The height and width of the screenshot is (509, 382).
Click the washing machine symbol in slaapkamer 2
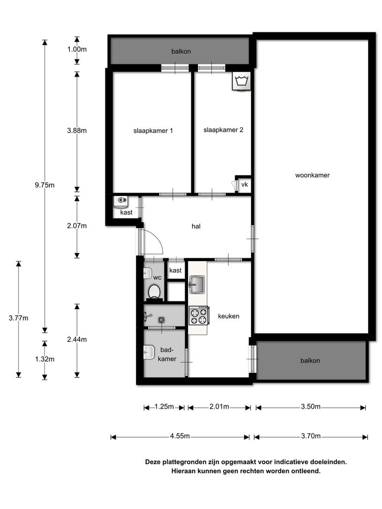[241, 81]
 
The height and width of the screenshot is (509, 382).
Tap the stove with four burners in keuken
[199, 316]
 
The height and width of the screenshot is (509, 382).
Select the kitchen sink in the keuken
[197, 285]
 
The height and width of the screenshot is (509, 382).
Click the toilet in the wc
[154, 292]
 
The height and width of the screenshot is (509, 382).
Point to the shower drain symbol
[161, 320]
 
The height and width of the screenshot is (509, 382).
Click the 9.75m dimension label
[45, 185]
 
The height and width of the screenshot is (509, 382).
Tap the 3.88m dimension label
[77, 130]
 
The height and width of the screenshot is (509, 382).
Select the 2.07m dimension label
[77, 225]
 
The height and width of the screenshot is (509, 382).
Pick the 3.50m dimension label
[311, 407]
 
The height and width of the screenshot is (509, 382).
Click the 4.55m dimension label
[180, 436]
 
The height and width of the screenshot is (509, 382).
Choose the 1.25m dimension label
[164, 407]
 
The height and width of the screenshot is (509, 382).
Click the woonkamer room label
[312, 175]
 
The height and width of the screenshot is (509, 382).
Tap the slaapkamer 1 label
[153, 131]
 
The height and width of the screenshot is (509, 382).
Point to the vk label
[244, 184]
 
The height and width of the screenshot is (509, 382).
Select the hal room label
[196, 227]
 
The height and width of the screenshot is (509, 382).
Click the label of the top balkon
[181, 51]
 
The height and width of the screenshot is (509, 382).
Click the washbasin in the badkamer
[149, 352]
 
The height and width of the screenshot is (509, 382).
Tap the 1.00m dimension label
[77, 49]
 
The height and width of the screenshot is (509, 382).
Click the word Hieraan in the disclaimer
[183, 471]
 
